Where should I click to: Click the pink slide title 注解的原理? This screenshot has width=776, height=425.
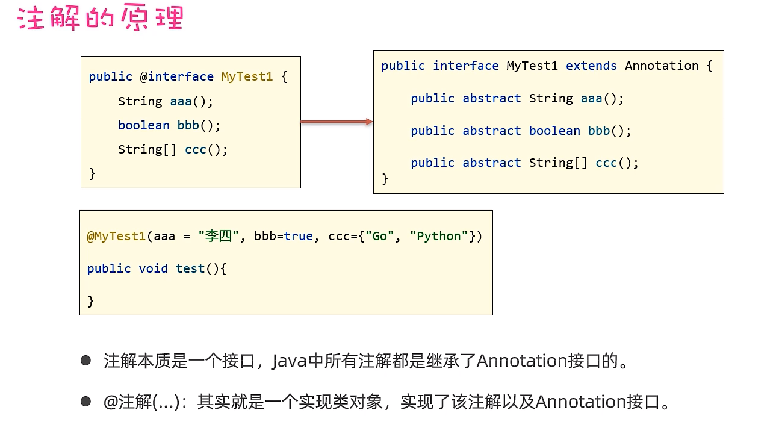(101, 19)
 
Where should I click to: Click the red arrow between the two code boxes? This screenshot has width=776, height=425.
(337, 122)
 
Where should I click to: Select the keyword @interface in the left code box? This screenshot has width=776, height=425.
(177, 77)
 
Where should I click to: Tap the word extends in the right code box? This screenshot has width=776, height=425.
(591, 66)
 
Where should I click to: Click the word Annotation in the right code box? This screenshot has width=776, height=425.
(662, 66)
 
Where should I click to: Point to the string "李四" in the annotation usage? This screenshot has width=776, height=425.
(219, 236)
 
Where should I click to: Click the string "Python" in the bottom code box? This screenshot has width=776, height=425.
(439, 236)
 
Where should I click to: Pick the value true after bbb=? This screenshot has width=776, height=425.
(299, 236)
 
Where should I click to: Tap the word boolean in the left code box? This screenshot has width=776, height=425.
(144, 125)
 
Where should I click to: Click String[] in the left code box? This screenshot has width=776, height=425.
(147, 149)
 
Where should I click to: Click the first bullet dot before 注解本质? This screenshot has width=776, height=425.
(86, 361)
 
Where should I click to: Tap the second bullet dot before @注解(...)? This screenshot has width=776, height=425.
(86, 401)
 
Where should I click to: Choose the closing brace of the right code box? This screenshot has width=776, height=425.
(385, 179)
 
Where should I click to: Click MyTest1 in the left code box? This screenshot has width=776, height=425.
(247, 77)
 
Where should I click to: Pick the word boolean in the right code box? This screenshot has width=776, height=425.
(554, 131)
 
